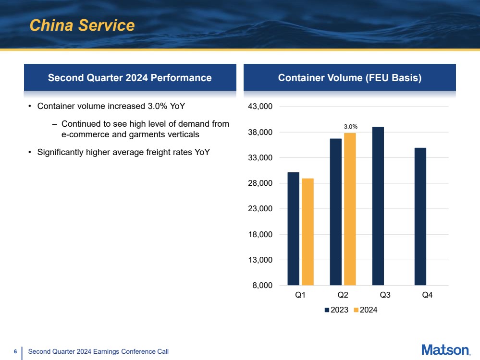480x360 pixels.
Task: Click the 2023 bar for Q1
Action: pyautogui.click(x=293, y=228)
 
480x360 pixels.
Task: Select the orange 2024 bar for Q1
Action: pyautogui.click(x=308, y=232)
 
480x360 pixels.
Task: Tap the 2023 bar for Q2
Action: pyautogui.click(x=335, y=212)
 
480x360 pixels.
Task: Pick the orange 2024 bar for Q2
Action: pyautogui.click(x=350, y=209)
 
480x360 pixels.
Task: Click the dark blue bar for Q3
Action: pyautogui.click(x=378, y=206)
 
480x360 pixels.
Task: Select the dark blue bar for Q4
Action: pyautogui.click(x=420, y=216)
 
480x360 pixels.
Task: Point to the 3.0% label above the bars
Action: pyautogui.click(x=350, y=126)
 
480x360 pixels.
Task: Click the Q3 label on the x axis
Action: pyautogui.click(x=384, y=296)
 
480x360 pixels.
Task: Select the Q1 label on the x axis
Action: pyautogui.click(x=300, y=296)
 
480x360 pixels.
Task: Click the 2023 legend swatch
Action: pyautogui.click(x=327, y=310)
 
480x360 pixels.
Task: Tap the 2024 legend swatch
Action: pyautogui.click(x=356, y=310)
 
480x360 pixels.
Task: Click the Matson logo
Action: pyautogui.click(x=445, y=350)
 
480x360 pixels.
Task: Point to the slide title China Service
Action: pyautogui.click(x=82, y=25)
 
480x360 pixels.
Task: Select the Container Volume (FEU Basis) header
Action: pyautogui.click(x=349, y=78)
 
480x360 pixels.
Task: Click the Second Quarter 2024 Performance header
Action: pyautogui.click(x=130, y=78)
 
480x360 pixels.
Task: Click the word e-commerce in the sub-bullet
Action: pyautogui.click(x=84, y=134)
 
